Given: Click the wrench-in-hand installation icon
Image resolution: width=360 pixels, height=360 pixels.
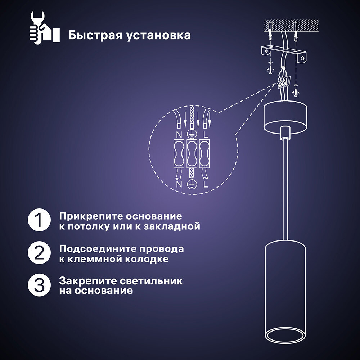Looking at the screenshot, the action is (x=44, y=28).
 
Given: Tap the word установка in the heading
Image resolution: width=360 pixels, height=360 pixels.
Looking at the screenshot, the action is (x=159, y=36).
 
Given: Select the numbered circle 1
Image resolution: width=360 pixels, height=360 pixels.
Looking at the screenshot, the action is (x=39, y=220).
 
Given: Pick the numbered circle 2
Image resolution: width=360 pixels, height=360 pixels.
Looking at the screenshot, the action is (x=39, y=252).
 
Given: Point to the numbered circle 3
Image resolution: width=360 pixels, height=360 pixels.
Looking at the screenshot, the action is (x=39, y=285).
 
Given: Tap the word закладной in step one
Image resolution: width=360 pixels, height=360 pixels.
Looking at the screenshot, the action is (x=172, y=226).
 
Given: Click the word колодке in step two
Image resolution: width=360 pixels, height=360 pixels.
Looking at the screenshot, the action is (x=147, y=259).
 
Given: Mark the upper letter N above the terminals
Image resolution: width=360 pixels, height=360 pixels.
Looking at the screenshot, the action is (x=179, y=134).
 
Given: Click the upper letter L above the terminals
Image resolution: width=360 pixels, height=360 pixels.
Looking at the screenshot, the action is (x=206, y=134).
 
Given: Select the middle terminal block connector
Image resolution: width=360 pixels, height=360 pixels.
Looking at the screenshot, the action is (x=192, y=153).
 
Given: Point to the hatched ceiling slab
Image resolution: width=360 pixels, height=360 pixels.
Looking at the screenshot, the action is (x=291, y=26).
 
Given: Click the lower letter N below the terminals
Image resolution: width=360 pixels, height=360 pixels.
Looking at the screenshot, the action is (x=179, y=184).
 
